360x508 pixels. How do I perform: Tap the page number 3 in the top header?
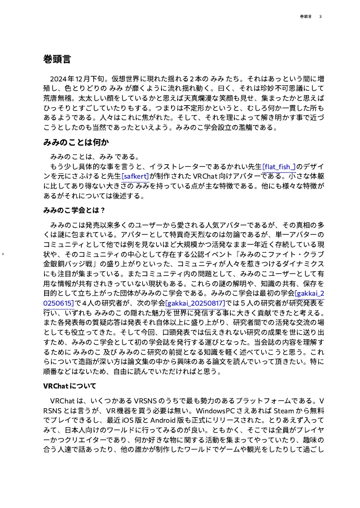coord(320,17)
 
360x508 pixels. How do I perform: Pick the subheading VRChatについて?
coord(69,385)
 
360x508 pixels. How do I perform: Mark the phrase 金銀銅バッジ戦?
coord(71,263)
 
